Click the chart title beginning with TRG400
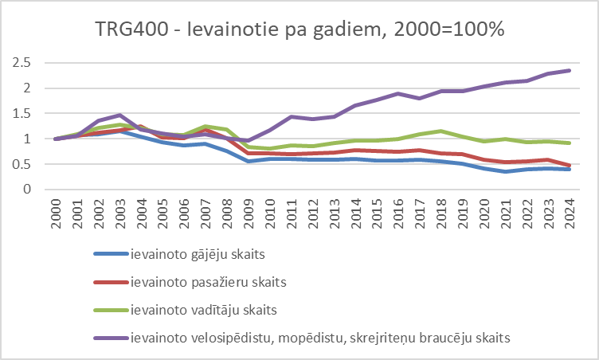299,29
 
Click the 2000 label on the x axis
56,213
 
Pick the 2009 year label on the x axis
248,213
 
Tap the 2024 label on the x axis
568,213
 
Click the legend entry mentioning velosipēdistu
320,337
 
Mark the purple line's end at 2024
568,70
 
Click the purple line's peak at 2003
119,115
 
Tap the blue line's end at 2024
568,169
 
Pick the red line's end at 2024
568,166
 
